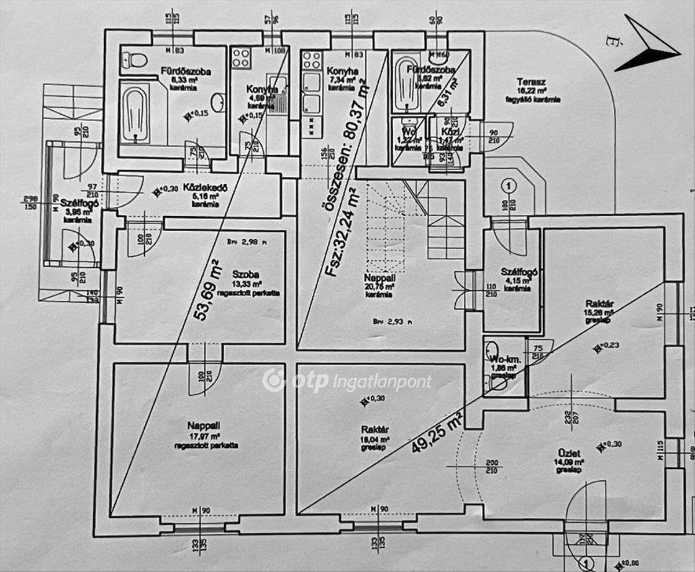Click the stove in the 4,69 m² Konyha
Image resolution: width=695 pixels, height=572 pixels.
pos(240,58)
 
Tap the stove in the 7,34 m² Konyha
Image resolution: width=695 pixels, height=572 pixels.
pos(311,60)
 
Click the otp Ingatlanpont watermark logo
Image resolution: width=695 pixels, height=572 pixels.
pos(347,381)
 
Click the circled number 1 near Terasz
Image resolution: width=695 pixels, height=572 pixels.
pos(507,186)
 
